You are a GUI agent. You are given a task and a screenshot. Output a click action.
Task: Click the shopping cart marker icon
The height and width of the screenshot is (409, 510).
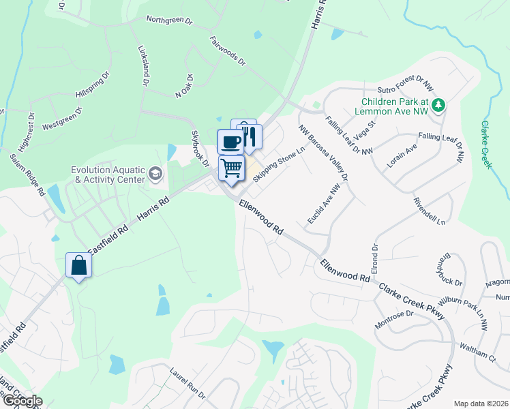pyautogui.click(x=232, y=167)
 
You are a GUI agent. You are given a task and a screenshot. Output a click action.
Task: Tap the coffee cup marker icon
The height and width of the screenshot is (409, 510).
pyautogui.click(x=230, y=141)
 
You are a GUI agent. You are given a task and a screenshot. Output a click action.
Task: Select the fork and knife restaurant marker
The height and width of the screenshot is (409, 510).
pyautogui.click(x=250, y=136)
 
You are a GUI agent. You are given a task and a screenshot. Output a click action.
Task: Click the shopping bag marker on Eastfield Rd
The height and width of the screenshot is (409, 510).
pyautogui.click(x=78, y=264)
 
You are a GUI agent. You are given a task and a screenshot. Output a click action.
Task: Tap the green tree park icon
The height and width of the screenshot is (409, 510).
pyautogui.click(x=440, y=104)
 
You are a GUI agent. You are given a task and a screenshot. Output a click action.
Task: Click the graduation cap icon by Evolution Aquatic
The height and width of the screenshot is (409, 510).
pyautogui.click(x=155, y=174)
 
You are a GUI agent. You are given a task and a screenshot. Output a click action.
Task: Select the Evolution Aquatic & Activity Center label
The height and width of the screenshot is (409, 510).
pyautogui.click(x=109, y=175)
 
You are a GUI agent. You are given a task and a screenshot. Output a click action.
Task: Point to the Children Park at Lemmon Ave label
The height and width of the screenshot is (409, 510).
pyautogui.click(x=396, y=106)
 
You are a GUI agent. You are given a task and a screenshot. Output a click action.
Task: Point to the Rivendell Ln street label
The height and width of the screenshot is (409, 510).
pyautogui.click(x=429, y=212)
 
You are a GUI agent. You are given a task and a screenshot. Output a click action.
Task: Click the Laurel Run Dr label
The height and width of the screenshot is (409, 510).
pyautogui.click(x=187, y=382)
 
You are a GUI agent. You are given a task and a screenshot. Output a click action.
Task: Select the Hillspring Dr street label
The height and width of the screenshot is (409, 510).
pyautogui.click(x=93, y=82)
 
